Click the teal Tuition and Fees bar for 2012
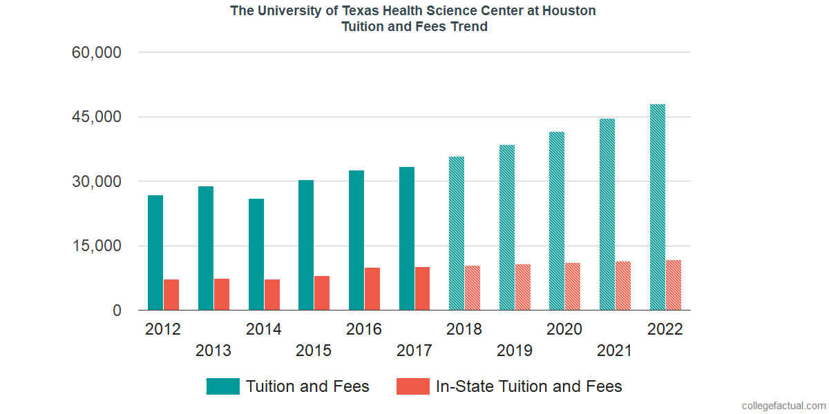click(155, 253)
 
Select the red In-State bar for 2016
click(372, 289)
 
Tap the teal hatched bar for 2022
click(658, 207)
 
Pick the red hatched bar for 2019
click(523, 287)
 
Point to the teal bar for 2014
click(256, 255)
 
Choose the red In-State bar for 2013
click(222, 295)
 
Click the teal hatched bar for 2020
click(557, 221)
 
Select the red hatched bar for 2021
click(623, 286)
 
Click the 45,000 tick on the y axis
click(97, 117)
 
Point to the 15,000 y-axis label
click(97, 246)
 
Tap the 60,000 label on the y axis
click(97, 52)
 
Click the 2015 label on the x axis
click(314, 351)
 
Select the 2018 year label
click(464, 329)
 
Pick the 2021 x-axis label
click(615, 351)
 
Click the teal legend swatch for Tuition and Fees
click(222, 386)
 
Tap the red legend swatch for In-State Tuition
click(412, 386)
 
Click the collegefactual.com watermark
click(783, 406)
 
